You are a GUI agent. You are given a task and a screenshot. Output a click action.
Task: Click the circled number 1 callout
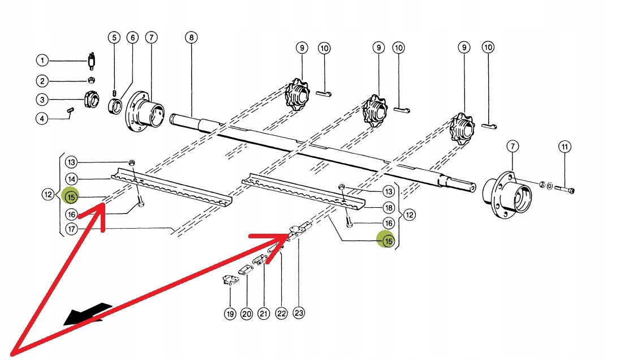pyautogui.click(x=42, y=59)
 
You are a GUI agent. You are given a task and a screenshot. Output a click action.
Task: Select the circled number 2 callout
pyautogui.click(x=42, y=80)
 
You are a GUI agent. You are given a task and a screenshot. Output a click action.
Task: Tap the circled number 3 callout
pyautogui.click(x=42, y=100)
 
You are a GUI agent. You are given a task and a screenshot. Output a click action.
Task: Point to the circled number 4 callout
pyautogui.click(x=42, y=119)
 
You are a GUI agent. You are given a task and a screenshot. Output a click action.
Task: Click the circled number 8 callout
pyautogui.click(x=191, y=38)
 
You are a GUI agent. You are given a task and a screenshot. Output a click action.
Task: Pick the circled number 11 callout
pyautogui.click(x=564, y=147)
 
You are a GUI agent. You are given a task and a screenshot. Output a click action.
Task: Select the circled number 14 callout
pyautogui.click(x=71, y=178)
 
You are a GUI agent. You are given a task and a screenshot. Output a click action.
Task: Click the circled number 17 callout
pyautogui.click(x=71, y=229)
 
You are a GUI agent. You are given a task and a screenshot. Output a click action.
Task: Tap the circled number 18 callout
pyautogui.click(x=388, y=208)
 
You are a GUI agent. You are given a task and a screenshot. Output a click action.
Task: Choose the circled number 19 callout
pyautogui.click(x=230, y=314)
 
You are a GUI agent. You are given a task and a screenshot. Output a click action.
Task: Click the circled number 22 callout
pyautogui.click(x=281, y=314)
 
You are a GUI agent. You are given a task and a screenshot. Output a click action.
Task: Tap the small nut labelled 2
pyautogui.click(x=91, y=80)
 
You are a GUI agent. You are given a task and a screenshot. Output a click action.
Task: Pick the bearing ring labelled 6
pyautogui.click(x=118, y=105)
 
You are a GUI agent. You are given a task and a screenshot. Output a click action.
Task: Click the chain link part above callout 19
pyautogui.click(x=230, y=280)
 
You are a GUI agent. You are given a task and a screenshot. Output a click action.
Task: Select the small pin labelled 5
pyautogui.click(x=115, y=93)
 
